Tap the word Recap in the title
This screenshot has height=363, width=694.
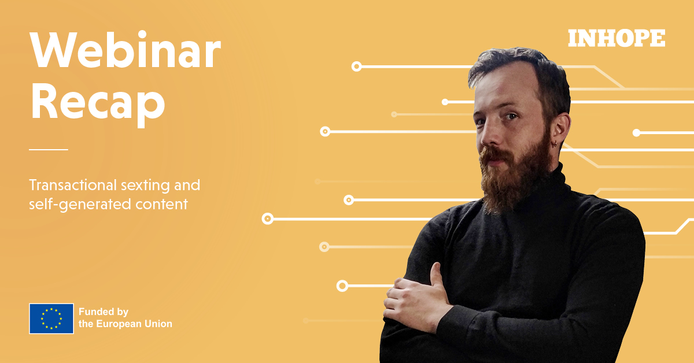click(98, 102)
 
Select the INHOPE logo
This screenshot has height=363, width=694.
click(617, 38)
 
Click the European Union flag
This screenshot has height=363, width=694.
click(51, 318)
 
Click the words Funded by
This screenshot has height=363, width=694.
click(104, 312)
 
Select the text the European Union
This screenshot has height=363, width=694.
click(125, 324)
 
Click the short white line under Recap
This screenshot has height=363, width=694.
click(49, 150)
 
